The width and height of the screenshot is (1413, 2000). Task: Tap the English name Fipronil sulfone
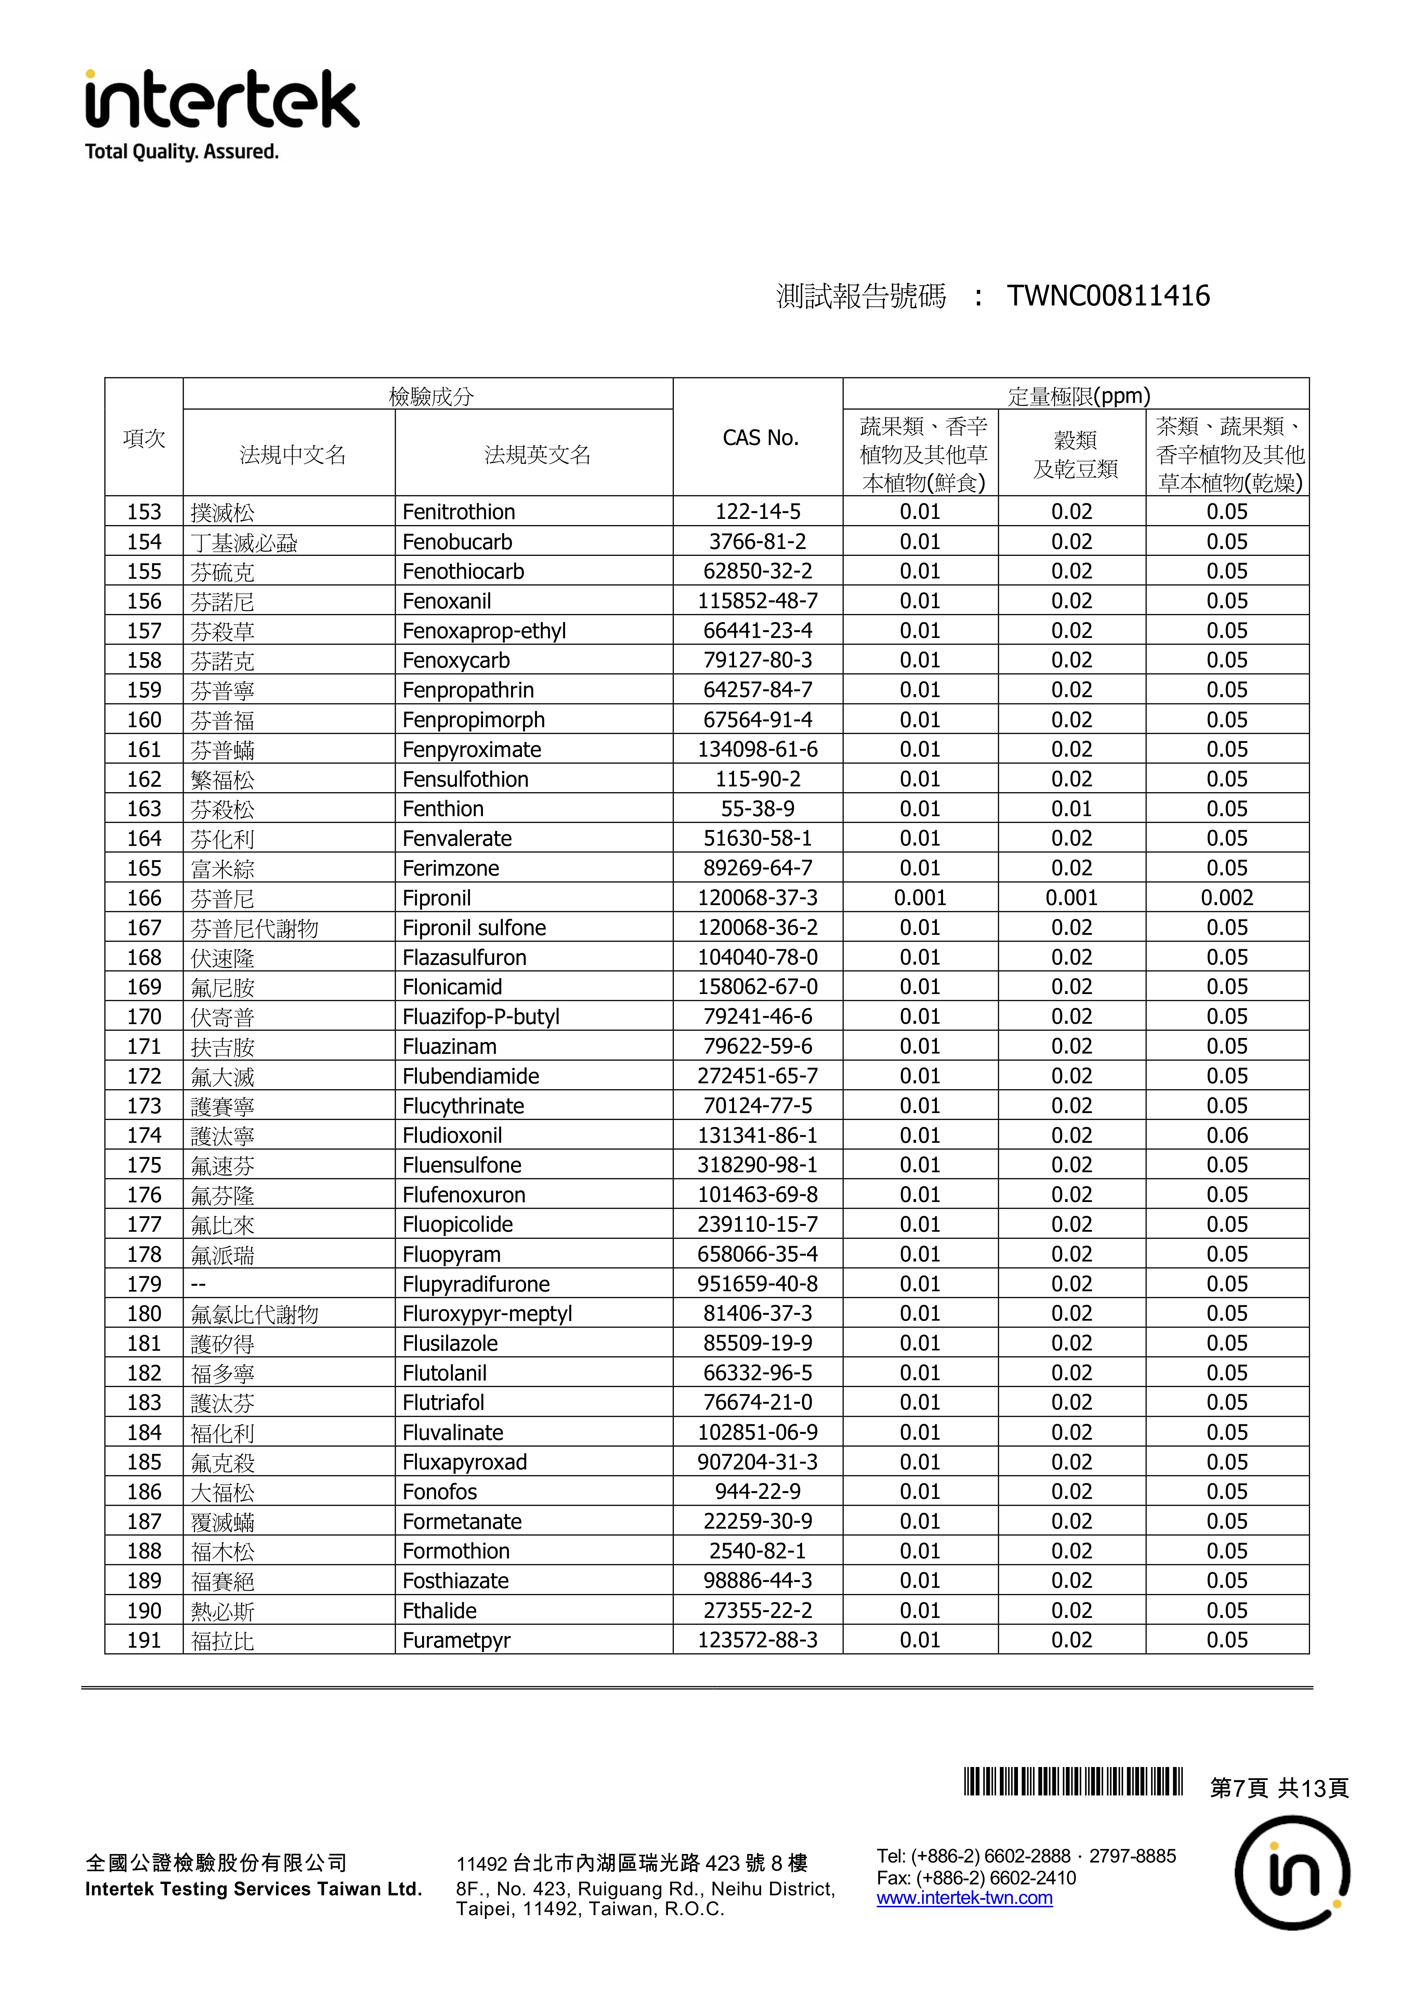pos(474,928)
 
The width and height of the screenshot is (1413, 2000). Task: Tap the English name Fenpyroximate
pos(471,750)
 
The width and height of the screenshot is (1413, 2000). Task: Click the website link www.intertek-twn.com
pos(964,1898)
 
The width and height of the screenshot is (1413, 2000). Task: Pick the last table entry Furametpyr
pos(457,1641)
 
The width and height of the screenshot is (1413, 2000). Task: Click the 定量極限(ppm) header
pos(1078,396)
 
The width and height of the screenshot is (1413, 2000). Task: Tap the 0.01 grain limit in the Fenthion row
pos(1072,809)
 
